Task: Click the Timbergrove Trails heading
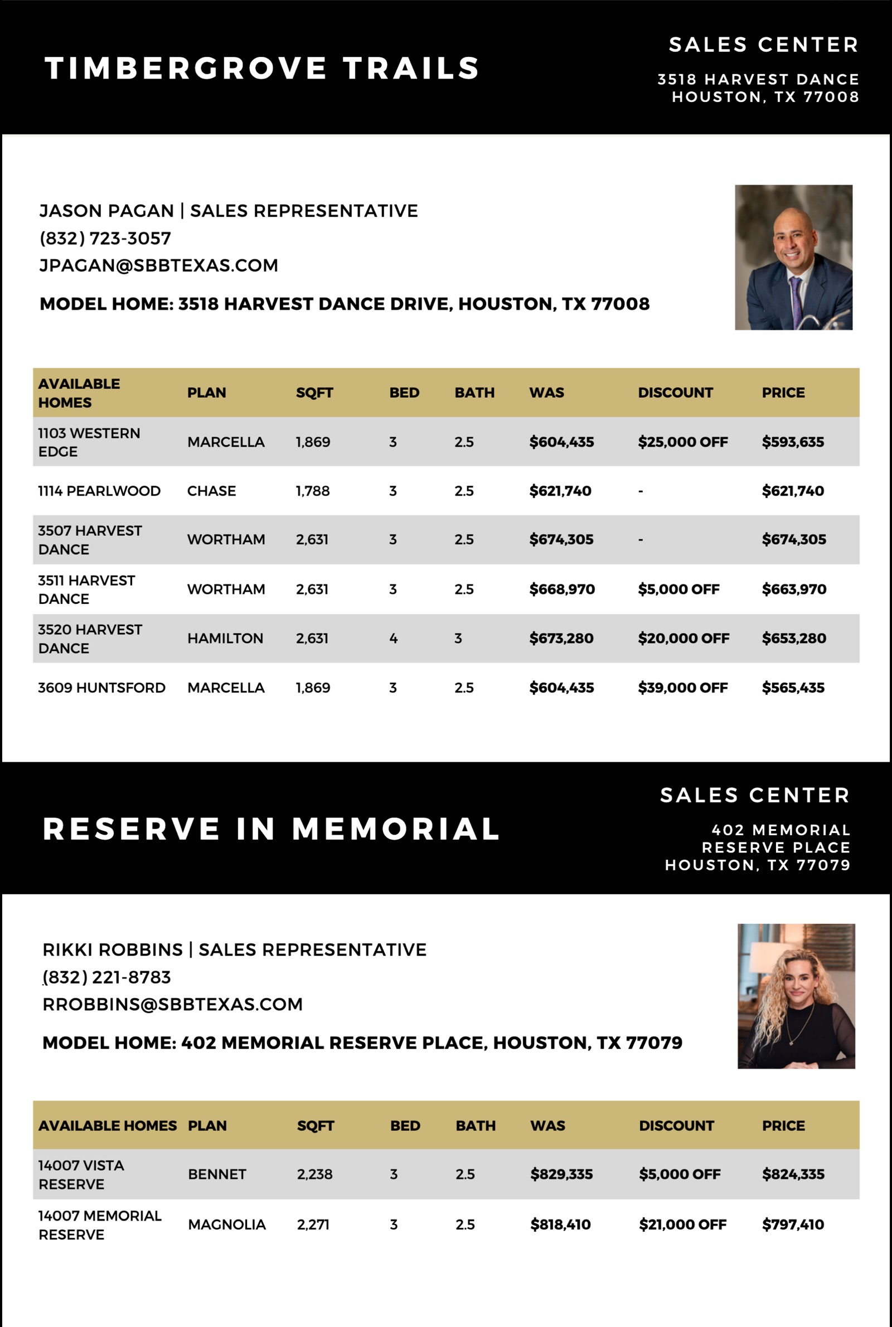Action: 261,68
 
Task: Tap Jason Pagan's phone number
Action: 105,238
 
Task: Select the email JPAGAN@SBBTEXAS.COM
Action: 159,265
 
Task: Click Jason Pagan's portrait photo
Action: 793,257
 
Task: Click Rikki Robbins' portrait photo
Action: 796,996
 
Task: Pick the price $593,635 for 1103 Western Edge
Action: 792,442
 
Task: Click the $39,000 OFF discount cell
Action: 682,687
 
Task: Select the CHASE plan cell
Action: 212,491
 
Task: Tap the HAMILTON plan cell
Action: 225,638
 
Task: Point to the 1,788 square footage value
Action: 312,491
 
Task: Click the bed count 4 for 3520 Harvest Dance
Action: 393,638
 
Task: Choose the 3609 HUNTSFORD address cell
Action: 102,687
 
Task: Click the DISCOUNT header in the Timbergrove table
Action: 675,393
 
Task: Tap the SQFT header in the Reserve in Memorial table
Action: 315,1126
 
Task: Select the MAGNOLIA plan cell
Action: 227,1224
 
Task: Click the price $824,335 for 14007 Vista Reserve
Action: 793,1174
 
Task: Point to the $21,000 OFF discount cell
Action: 682,1224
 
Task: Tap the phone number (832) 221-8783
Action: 107,977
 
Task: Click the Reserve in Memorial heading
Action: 271,829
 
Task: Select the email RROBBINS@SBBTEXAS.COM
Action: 172,1005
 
